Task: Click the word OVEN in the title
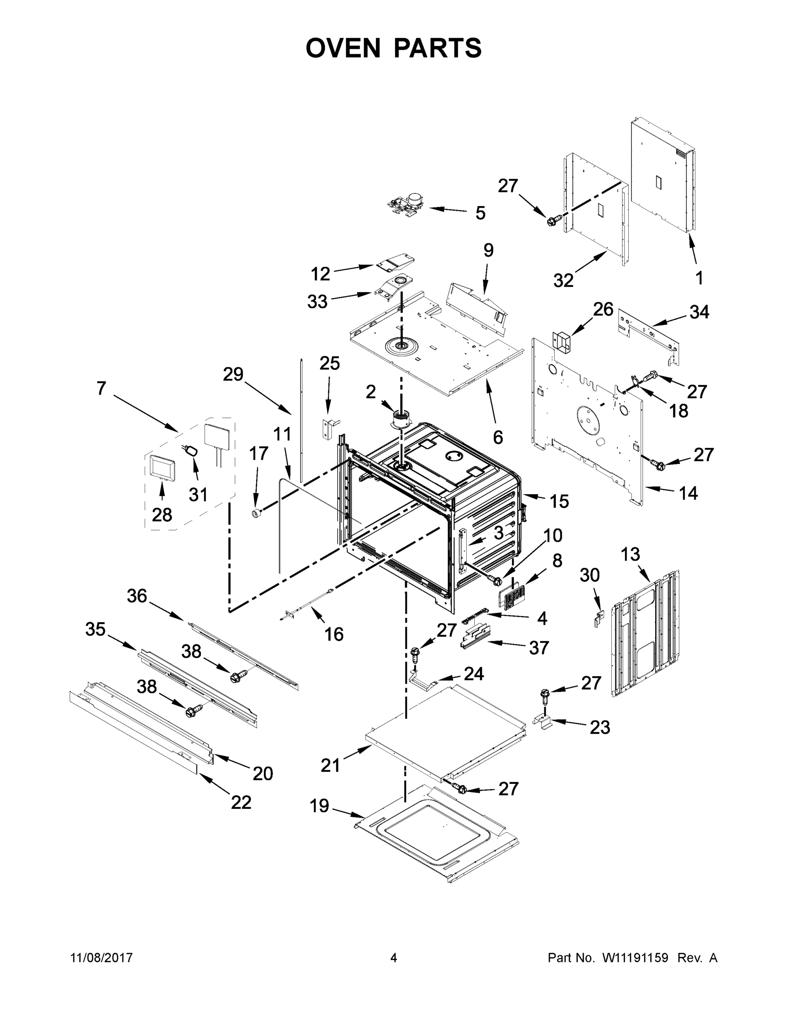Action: click(343, 48)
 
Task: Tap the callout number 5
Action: click(480, 213)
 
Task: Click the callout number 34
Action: click(699, 312)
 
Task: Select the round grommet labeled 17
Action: click(255, 514)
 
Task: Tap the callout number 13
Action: click(630, 555)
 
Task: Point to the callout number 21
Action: click(330, 765)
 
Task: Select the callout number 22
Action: click(241, 802)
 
